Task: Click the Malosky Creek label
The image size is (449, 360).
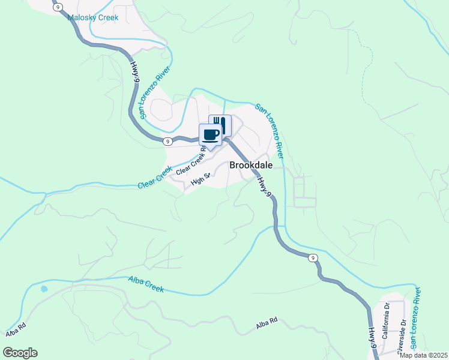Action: point(92,17)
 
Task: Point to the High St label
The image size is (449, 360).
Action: point(200,179)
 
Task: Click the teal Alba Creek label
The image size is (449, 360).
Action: point(146,284)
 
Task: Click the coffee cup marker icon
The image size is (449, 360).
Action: point(211,134)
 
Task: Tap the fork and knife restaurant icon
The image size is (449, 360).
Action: point(220,124)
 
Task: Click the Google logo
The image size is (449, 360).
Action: point(20,353)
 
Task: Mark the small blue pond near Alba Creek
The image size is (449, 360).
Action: point(44,289)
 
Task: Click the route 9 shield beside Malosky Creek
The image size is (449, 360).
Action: point(56,8)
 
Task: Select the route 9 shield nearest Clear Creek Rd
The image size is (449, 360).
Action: point(168,141)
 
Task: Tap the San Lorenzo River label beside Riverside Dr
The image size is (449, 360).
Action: point(415,318)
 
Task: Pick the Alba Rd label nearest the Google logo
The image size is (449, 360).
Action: point(16,331)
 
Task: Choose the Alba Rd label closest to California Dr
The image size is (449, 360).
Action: point(266,322)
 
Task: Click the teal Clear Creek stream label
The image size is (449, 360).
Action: point(155,178)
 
